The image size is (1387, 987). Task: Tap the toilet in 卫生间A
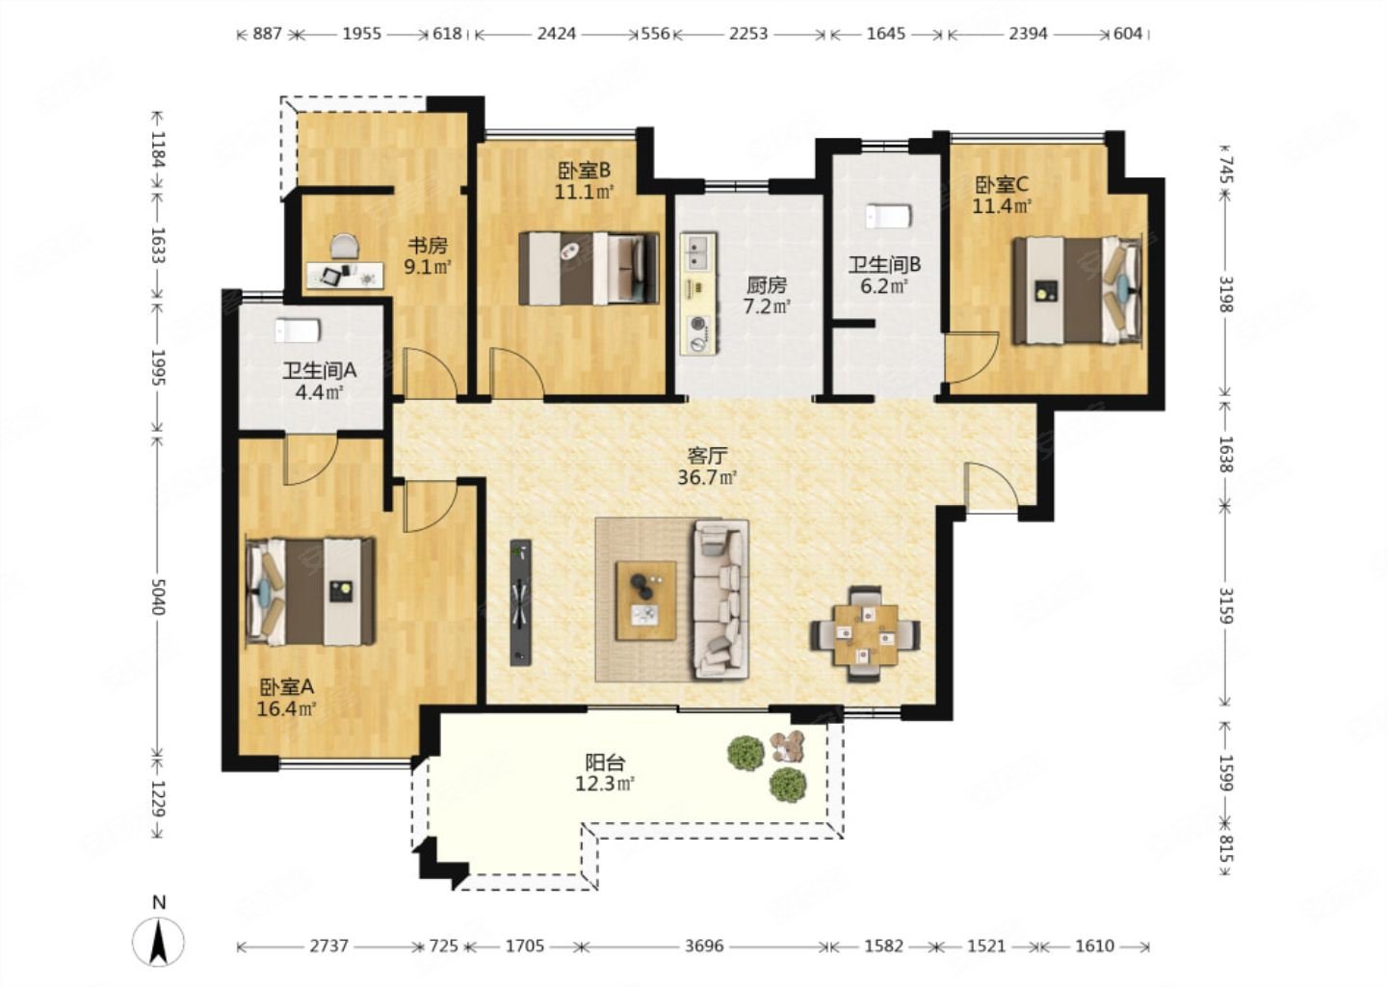point(298,331)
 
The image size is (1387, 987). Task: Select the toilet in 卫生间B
point(888,216)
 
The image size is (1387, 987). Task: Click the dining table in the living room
point(866,634)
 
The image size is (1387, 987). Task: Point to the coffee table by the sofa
point(645,600)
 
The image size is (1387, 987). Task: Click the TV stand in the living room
point(521,602)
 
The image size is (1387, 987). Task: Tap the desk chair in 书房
point(344,246)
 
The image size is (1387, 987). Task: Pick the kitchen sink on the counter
point(698,253)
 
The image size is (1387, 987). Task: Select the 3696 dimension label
point(705,946)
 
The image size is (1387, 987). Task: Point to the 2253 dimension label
point(748,34)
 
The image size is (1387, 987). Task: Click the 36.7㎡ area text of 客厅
point(707,478)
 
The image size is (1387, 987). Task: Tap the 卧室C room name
point(1002,185)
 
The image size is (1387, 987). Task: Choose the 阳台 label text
point(606,761)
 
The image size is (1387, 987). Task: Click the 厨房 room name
point(767,285)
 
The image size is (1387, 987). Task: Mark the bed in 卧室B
point(589,268)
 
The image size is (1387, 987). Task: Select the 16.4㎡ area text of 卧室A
point(287,708)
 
